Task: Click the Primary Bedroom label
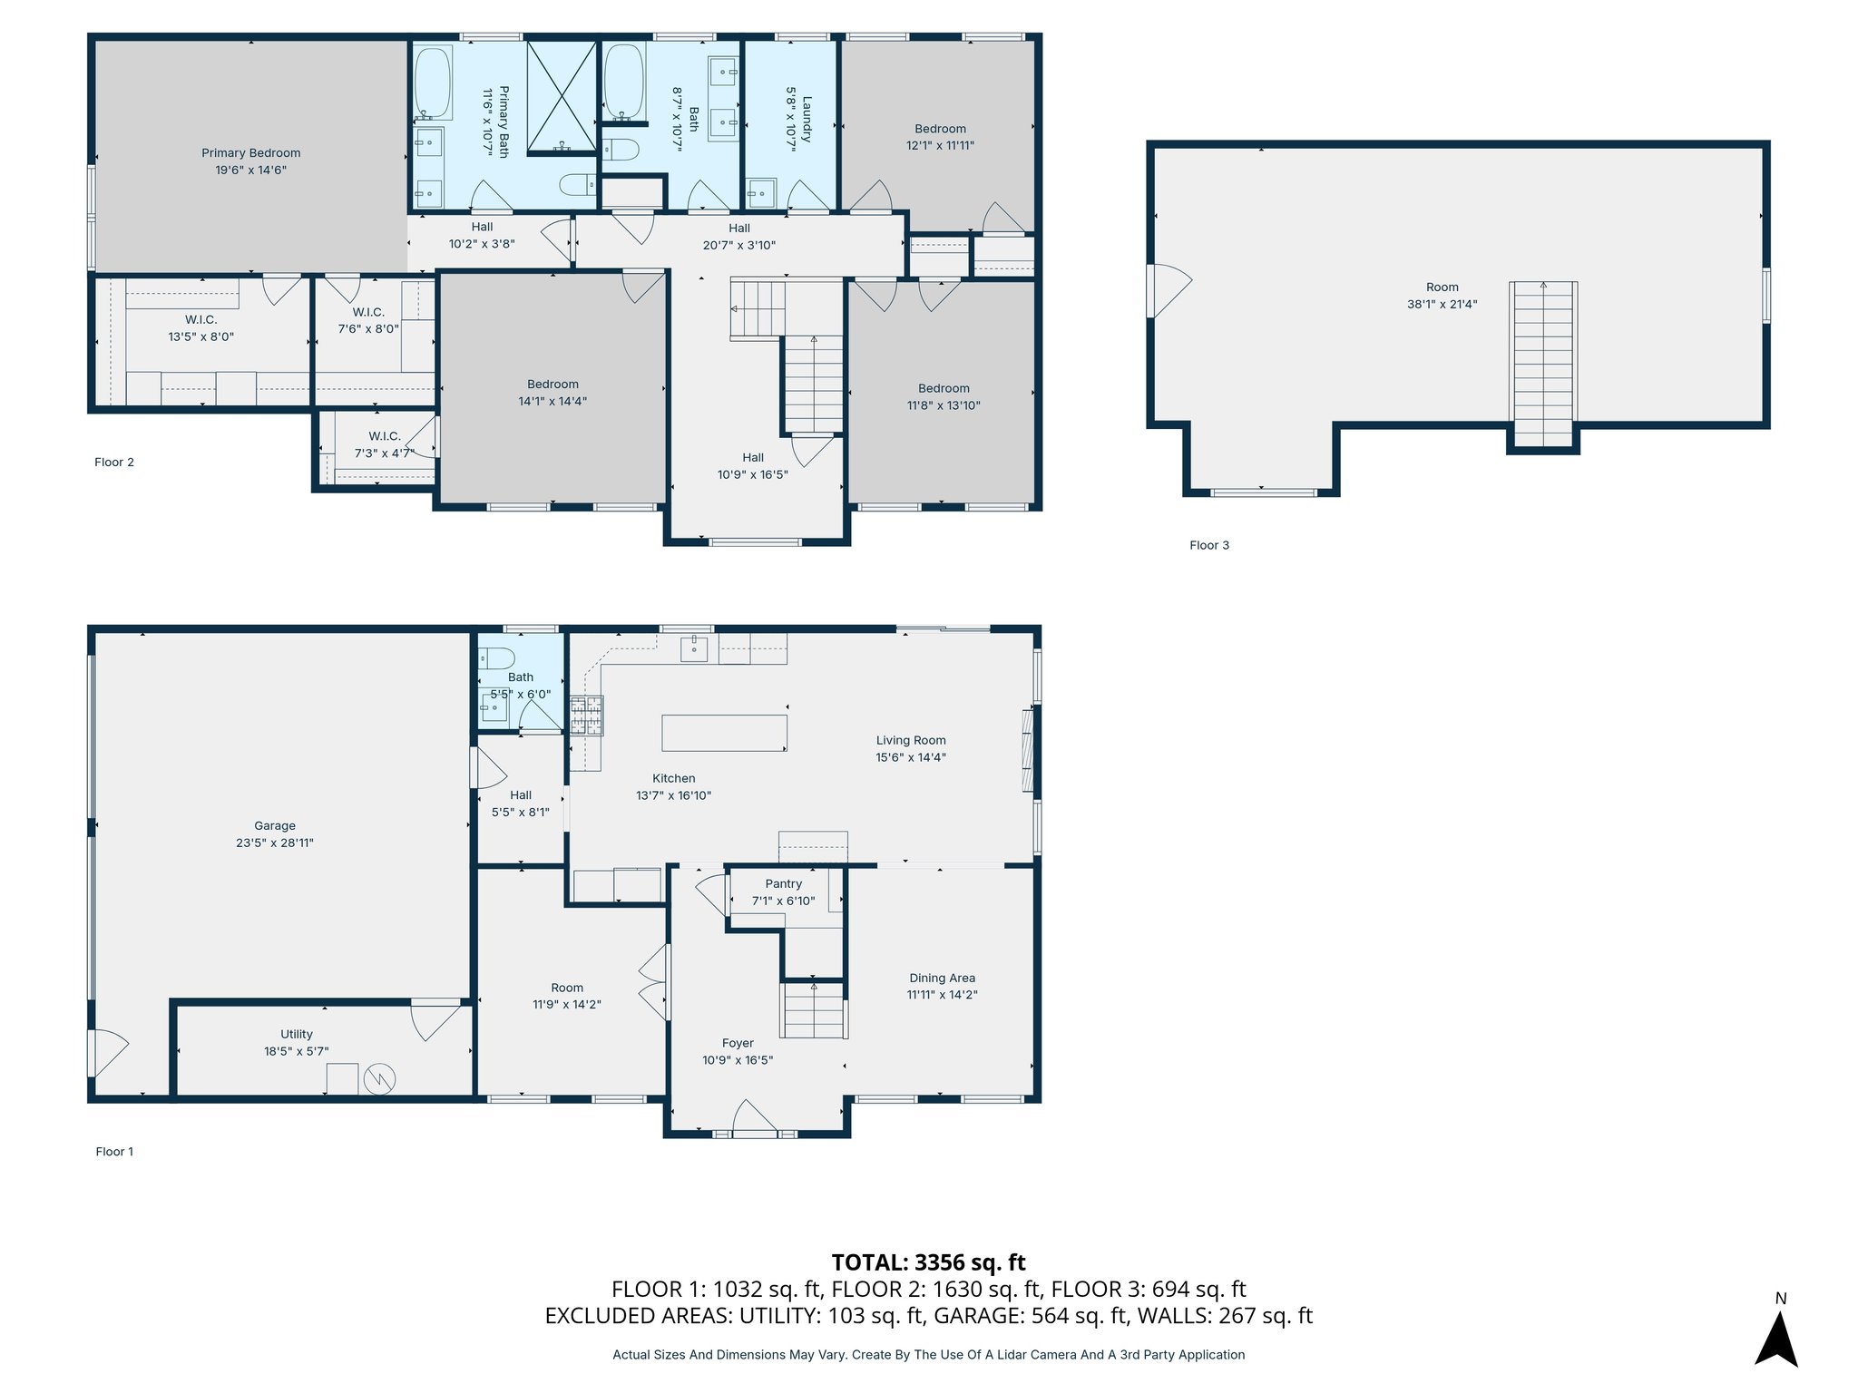click(x=250, y=153)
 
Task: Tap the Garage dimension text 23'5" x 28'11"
click(x=275, y=843)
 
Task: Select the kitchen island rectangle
click(x=724, y=733)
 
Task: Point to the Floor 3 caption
click(x=1209, y=545)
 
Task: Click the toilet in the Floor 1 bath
click(x=496, y=658)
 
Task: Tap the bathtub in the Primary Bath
click(x=433, y=83)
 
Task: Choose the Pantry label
click(x=784, y=883)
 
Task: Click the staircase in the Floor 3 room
click(x=1543, y=365)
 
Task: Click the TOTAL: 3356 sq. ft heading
click(x=928, y=1262)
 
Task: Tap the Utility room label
click(x=297, y=1034)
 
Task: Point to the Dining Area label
click(x=943, y=978)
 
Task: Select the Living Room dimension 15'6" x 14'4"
click(x=911, y=757)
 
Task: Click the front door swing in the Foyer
click(x=756, y=1115)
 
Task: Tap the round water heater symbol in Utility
click(x=380, y=1078)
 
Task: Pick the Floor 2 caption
click(x=114, y=463)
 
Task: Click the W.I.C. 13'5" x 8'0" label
click(x=201, y=328)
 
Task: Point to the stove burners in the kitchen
click(x=586, y=715)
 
